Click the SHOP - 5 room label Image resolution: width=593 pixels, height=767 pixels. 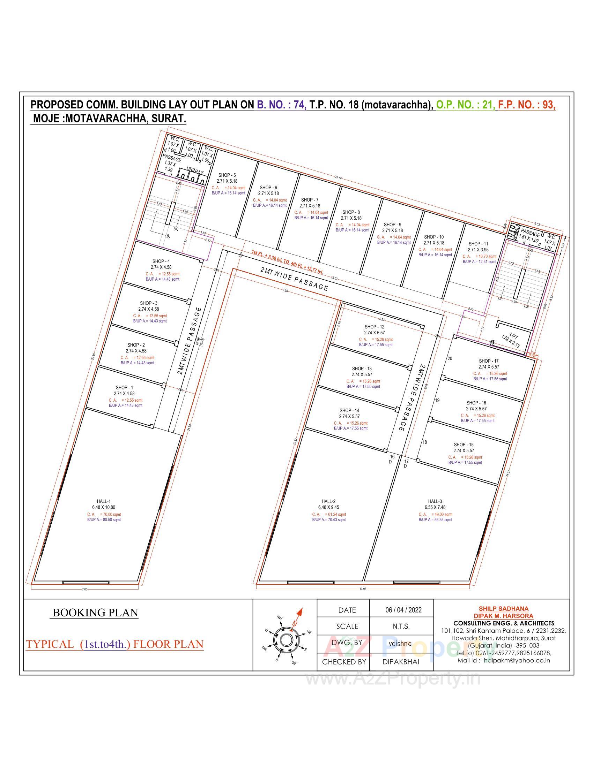pyautogui.click(x=227, y=175)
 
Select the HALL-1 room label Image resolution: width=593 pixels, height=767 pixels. pyautogui.click(x=104, y=501)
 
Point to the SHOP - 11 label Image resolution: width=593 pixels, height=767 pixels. pyautogui.click(x=478, y=243)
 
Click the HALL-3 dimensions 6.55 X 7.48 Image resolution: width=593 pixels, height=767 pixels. pyautogui.click(x=435, y=507)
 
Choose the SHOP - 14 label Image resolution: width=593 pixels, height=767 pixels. pyautogui.click(x=349, y=410)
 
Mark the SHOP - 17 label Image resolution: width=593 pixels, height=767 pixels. pyautogui.click(x=489, y=361)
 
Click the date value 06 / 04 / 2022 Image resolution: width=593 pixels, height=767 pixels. pyautogui.click(x=403, y=610)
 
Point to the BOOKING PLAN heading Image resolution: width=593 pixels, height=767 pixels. pyautogui.click(x=95, y=613)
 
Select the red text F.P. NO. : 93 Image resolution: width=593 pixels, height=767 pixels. pyautogui.click(x=527, y=105)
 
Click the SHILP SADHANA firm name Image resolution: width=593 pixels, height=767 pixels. pyautogui.click(x=503, y=609)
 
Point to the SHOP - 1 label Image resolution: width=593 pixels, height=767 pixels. pyautogui.click(x=124, y=387)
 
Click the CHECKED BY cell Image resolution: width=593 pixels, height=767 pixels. pyautogui.click(x=344, y=662)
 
